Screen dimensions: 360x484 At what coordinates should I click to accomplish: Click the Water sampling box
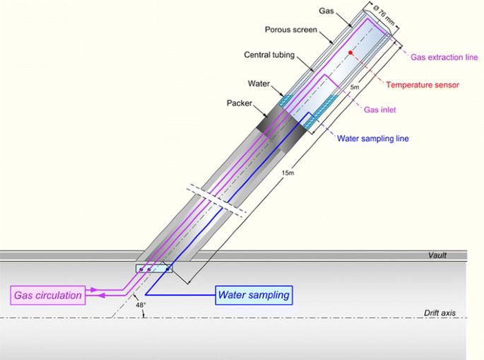254,295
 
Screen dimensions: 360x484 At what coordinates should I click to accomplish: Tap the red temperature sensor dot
350,54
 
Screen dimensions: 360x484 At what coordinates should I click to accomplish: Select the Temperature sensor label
422,84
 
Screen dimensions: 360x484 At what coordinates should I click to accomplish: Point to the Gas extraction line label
444,55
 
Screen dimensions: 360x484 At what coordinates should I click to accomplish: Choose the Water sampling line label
373,139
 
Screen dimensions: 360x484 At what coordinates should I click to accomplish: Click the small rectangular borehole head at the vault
153,269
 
